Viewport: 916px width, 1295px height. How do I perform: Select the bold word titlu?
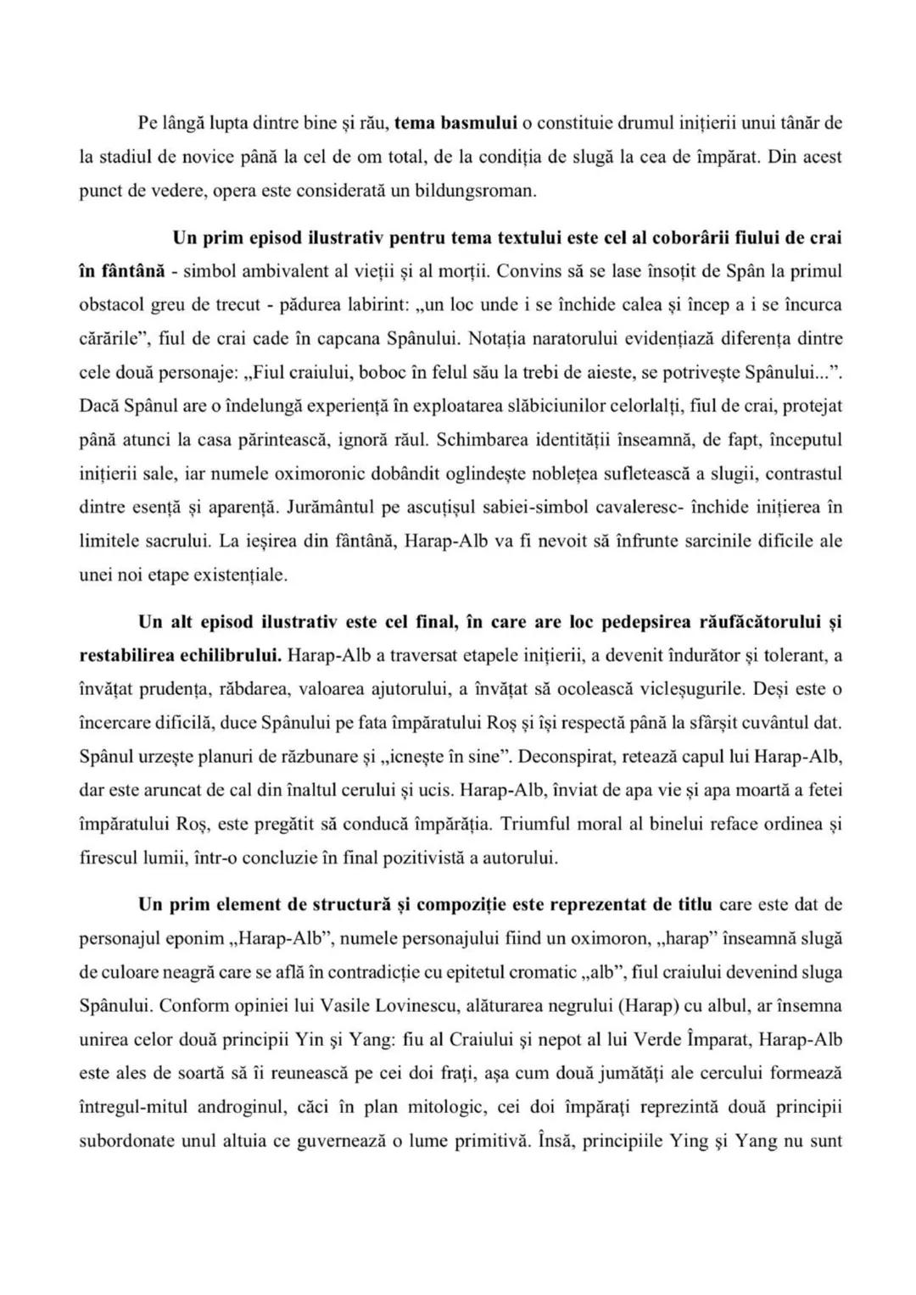click(695, 904)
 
